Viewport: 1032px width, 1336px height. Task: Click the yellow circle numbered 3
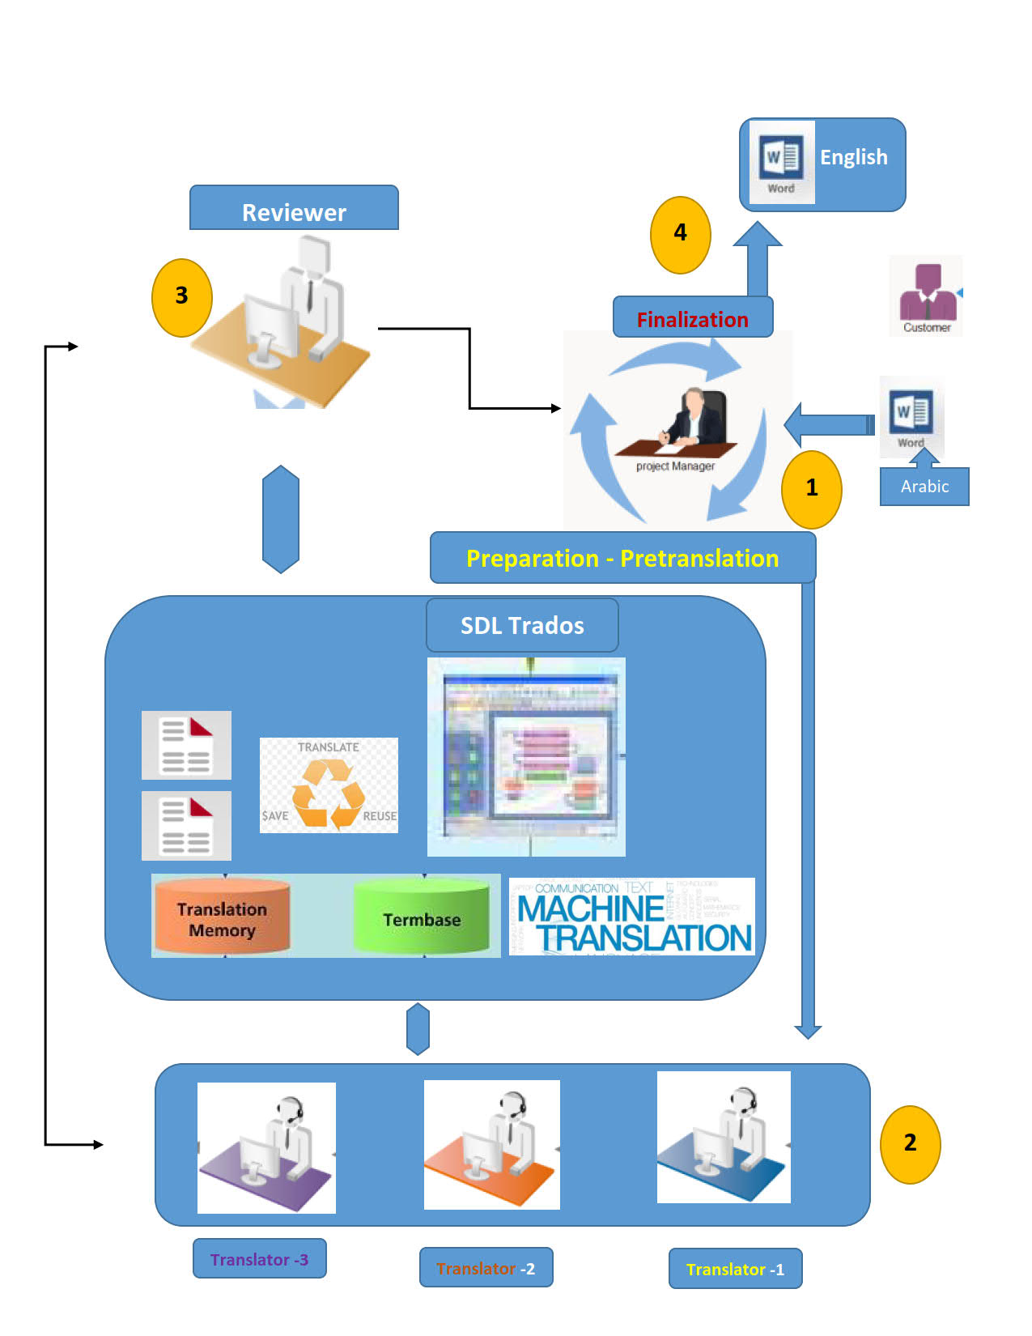pos(182,297)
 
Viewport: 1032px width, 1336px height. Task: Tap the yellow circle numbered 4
pos(680,235)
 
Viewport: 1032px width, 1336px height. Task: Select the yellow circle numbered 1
pos(811,489)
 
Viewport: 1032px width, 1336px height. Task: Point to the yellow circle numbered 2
pos(910,1144)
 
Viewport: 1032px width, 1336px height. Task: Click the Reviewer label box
pos(294,209)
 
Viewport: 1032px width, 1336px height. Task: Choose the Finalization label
pos(693,317)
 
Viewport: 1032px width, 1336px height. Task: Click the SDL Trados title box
pos(522,625)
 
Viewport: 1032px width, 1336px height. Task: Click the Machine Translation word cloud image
pos(632,917)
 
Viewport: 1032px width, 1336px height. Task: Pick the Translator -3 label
pos(259,1259)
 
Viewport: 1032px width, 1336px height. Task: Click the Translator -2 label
pos(486,1268)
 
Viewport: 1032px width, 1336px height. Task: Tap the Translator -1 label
pos(735,1269)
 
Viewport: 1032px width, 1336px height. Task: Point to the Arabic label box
pos(924,487)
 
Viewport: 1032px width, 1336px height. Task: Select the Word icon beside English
pos(781,162)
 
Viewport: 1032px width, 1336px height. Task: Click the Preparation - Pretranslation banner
pos(622,558)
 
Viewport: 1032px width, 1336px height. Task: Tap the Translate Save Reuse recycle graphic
pos(329,785)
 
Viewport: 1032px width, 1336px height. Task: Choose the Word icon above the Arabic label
pos(911,417)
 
